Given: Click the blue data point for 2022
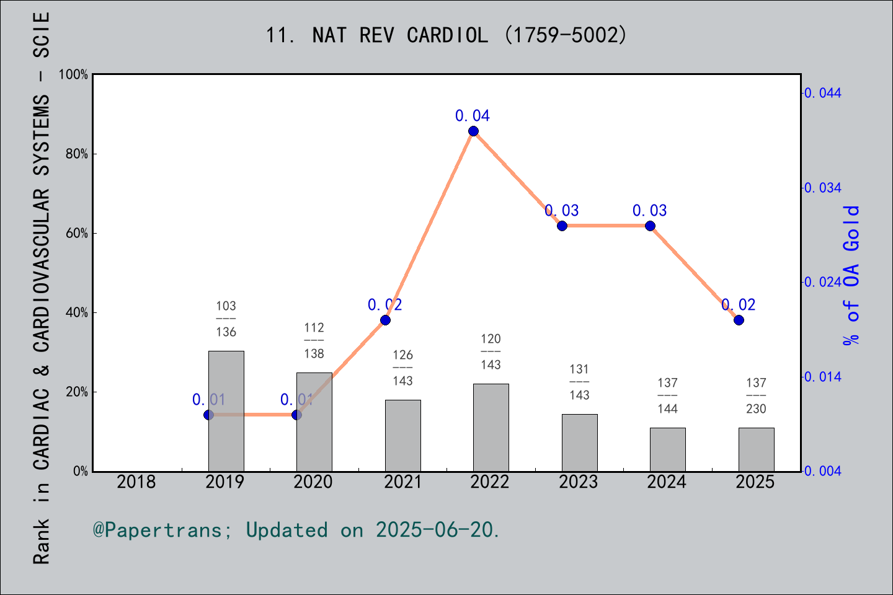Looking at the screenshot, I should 473,131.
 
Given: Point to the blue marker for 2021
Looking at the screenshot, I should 385,320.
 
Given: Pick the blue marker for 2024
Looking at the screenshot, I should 650,226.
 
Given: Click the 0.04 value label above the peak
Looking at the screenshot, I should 473,116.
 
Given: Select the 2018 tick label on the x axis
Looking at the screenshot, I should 136,482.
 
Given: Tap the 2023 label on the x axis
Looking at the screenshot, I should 579,482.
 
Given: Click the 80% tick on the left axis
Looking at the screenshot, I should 77,154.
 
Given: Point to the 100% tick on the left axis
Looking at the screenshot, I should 73,74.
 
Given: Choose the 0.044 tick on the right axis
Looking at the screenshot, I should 824,93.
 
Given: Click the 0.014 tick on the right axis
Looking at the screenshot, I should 824,377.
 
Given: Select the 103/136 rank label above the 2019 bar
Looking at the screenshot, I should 226,319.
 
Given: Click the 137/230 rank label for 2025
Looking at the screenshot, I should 756,395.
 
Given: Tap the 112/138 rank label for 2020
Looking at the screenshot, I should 314,340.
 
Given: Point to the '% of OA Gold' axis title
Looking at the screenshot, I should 851,276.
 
